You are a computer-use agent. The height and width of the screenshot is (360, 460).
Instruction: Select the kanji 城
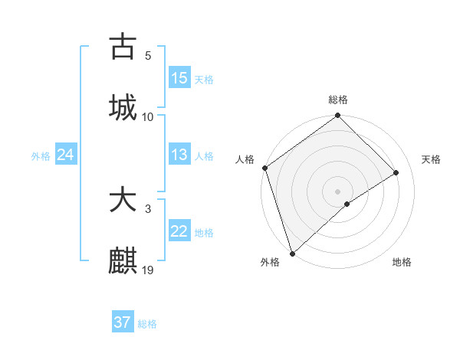point(123,106)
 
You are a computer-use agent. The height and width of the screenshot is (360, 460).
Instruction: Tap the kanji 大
point(123,201)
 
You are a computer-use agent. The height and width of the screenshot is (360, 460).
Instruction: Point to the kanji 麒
point(123,261)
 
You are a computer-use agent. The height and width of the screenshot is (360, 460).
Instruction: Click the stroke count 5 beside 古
point(148,56)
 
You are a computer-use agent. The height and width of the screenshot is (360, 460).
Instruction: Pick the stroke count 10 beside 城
point(148,116)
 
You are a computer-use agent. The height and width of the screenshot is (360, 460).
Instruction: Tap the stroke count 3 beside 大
point(148,208)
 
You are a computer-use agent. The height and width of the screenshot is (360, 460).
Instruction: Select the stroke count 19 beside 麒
point(148,270)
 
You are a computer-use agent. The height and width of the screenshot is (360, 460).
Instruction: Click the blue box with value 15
point(179,78)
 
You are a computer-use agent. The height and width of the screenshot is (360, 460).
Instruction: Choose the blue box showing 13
point(179,155)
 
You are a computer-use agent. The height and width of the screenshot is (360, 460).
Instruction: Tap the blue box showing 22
point(179,231)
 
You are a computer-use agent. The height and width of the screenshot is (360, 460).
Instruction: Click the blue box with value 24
point(65,155)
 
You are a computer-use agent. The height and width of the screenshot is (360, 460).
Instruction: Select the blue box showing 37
point(122,322)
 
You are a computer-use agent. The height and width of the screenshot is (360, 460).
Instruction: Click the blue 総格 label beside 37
point(147,324)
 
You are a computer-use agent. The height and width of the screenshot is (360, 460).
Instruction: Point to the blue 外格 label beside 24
point(41,156)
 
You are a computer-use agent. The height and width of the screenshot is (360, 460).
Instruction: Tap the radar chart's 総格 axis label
point(338,100)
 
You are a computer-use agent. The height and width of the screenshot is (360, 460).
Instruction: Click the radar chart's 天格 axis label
point(432,159)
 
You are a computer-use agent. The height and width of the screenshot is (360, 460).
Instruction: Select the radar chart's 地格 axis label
point(402,262)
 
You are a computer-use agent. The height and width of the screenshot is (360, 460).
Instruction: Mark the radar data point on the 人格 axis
point(264,168)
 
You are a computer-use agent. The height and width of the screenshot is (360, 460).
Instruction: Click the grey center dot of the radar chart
point(337,191)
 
